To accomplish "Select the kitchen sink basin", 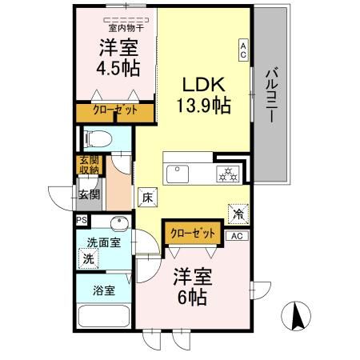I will (x=176, y=173).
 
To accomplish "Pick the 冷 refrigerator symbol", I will (x=238, y=213).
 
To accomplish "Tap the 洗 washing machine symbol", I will (x=87, y=258).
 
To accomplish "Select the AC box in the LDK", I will (x=242, y=50).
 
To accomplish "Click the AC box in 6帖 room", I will (x=237, y=236).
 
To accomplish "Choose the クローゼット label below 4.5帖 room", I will (x=114, y=110).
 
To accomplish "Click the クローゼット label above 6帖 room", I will (x=193, y=233).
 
